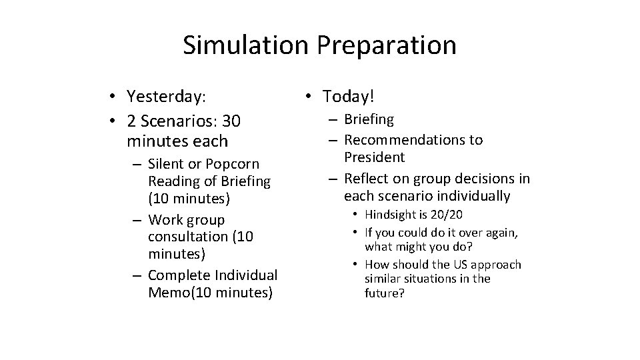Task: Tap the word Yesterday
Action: point(166,97)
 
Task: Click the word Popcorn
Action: point(233,163)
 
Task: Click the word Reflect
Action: point(365,179)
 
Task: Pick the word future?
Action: point(385,293)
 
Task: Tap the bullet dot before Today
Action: point(309,97)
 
